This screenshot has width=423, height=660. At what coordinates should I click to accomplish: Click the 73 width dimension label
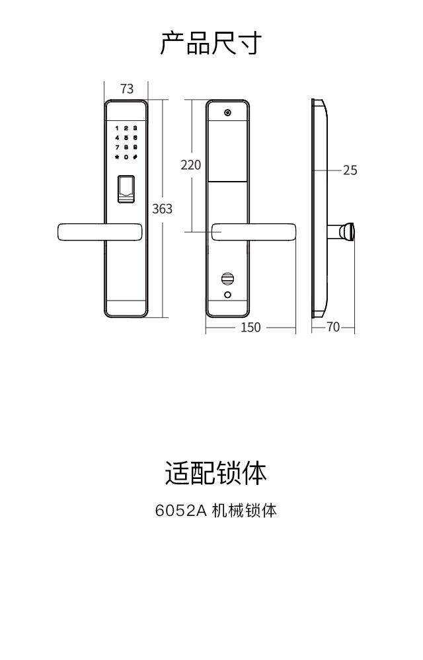pyautogui.click(x=127, y=89)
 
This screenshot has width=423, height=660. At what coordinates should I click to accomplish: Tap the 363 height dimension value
pyautogui.click(x=162, y=209)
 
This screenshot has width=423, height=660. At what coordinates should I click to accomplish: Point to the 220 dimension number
pyautogui.click(x=190, y=165)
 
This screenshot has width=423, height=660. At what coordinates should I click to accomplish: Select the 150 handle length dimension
pyautogui.click(x=250, y=328)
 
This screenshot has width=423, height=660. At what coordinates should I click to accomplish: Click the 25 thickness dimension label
pyautogui.click(x=350, y=170)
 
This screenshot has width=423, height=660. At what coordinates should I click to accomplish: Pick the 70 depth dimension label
pyautogui.click(x=333, y=327)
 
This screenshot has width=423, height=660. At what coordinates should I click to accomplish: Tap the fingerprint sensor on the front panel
pyautogui.click(x=126, y=190)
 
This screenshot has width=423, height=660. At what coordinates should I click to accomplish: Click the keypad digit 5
pyautogui.click(x=126, y=137)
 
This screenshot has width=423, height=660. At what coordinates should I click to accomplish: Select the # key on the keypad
pyautogui.click(x=135, y=157)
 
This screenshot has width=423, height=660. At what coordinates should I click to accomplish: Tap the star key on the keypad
pyautogui.click(x=117, y=157)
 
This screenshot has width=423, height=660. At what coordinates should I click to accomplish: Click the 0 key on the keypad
pyautogui.click(x=126, y=157)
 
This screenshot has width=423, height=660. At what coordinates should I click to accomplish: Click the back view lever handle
pyautogui.click(x=254, y=232)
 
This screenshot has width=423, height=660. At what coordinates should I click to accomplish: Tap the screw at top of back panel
pyautogui.click(x=228, y=113)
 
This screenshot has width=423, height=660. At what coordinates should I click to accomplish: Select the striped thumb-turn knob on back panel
pyautogui.click(x=228, y=279)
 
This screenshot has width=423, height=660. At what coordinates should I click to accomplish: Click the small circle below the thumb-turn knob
pyautogui.click(x=228, y=295)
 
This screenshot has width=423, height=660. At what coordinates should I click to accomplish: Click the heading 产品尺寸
pyautogui.click(x=211, y=42)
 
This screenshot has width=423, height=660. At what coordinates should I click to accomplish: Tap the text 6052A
pyautogui.click(x=180, y=511)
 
